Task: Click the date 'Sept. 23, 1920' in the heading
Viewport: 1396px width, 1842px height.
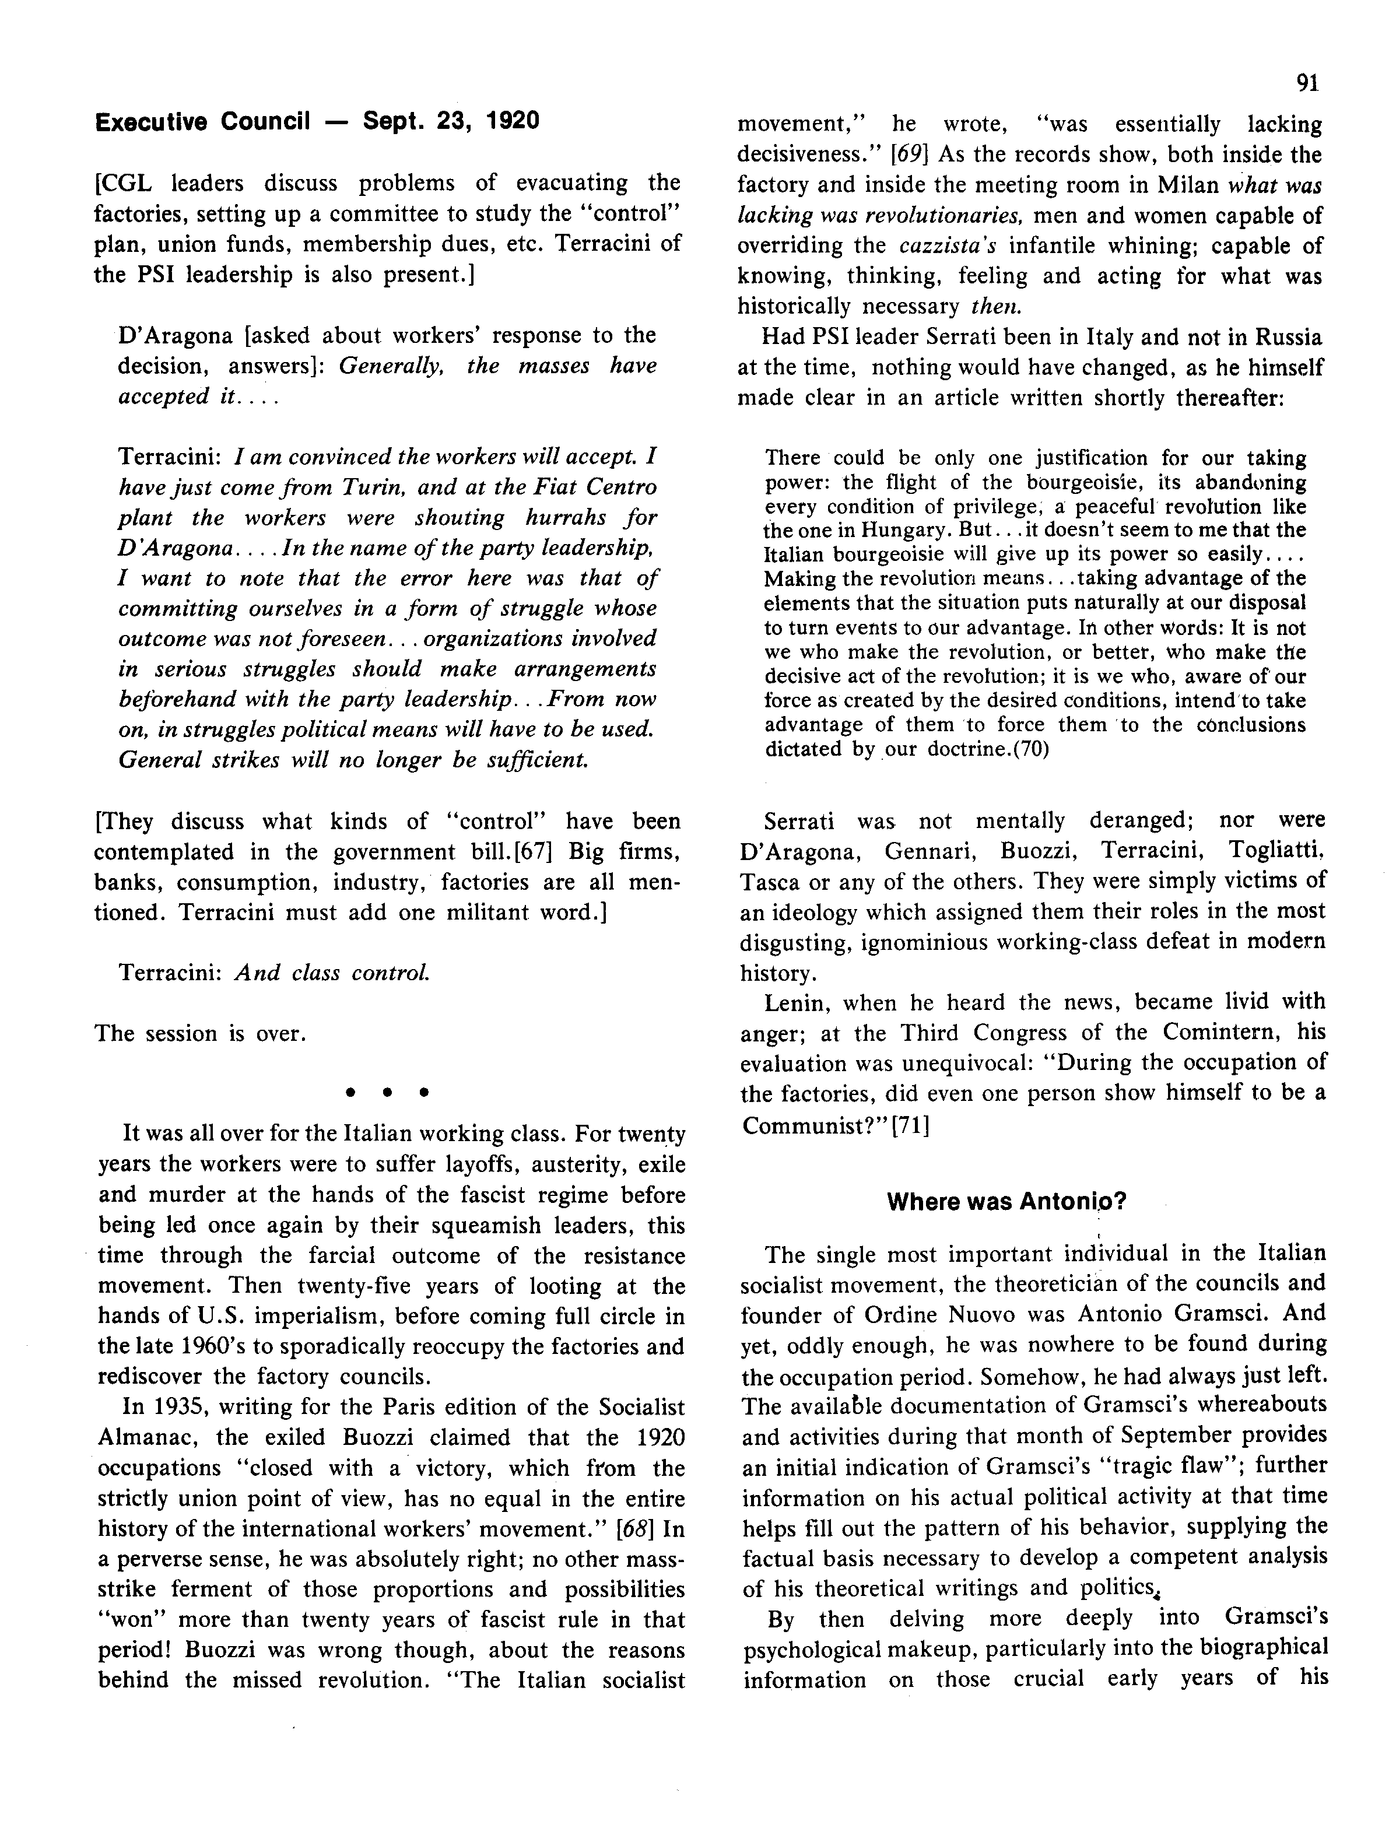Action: click(x=451, y=122)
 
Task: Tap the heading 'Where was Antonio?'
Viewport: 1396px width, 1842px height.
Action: click(x=1006, y=1202)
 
